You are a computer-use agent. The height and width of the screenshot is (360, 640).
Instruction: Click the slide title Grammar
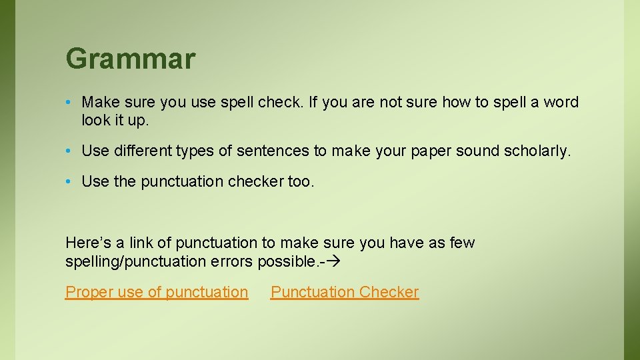coord(130,59)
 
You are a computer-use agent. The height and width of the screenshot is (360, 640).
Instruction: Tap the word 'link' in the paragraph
coord(141,243)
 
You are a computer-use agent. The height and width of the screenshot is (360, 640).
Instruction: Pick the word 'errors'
coord(231,261)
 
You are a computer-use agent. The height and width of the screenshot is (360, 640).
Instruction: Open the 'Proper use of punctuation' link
coord(157,292)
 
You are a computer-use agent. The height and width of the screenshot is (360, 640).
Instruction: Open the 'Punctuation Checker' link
coord(345,292)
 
